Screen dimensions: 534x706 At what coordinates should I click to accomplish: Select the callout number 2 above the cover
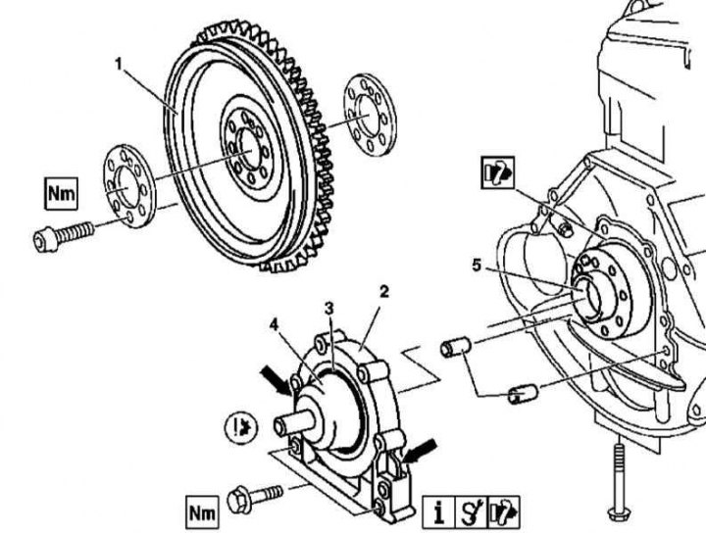[x=384, y=291]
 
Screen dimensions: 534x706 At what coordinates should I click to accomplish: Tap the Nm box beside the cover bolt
[x=202, y=510]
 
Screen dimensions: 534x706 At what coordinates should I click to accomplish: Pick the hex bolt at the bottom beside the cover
[x=252, y=495]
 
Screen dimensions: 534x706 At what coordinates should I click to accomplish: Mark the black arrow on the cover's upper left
[x=277, y=379]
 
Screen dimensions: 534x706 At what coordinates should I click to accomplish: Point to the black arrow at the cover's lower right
[x=419, y=452]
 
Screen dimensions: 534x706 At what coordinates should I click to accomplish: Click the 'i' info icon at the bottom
[x=439, y=511]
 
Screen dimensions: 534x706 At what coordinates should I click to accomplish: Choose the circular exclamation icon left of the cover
[x=238, y=428]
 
